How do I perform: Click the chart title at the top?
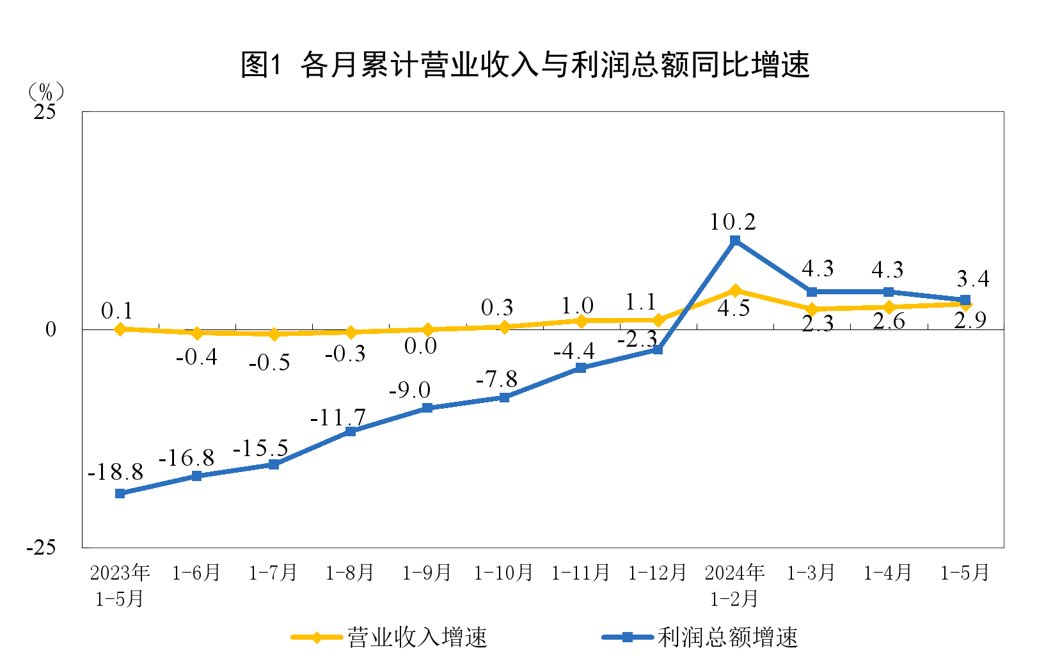[x=525, y=65]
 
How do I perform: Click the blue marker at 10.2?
[x=735, y=241]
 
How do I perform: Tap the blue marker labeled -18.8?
[x=120, y=493]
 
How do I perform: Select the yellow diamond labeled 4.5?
[x=735, y=291]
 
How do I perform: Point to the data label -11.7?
[x=338, y=418]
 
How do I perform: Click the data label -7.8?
[x=496, y=379]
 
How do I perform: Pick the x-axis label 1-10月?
[x=503, y=573]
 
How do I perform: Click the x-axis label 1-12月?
[x=657, y=573]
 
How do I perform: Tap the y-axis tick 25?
[x=45, y=112]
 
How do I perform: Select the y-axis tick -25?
[x=41, y=548]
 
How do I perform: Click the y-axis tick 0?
[x=51, y=329]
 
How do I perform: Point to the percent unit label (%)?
[x=45, y=91]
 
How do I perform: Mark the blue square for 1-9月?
[x=427, y=408]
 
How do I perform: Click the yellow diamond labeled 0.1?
[x=120, y=329]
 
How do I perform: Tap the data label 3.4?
[x=972, y=279]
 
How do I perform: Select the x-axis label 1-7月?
[x=273, y=573]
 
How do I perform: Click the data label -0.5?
[x=269, y=363]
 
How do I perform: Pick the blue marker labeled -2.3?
[x=658, y=349]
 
